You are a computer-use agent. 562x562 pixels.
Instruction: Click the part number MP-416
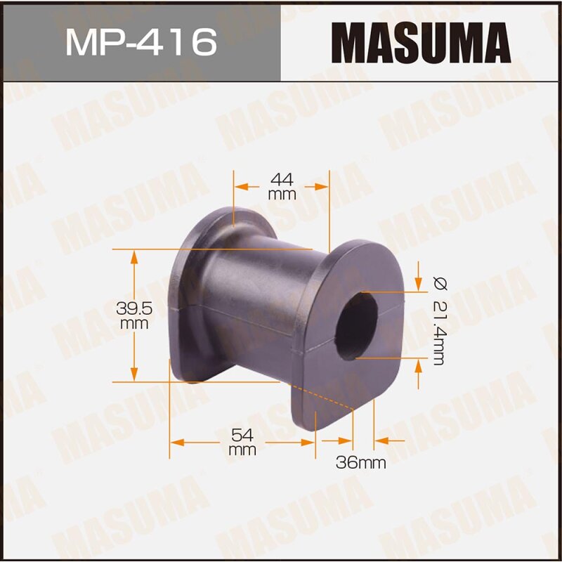(140, 42)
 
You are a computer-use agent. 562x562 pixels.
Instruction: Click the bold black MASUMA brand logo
(421, 41)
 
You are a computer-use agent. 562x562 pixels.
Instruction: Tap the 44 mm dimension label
(282, 186)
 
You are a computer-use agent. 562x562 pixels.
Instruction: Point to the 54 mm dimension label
(242, 442)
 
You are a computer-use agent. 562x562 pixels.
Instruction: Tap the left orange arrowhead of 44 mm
(241, 186)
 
